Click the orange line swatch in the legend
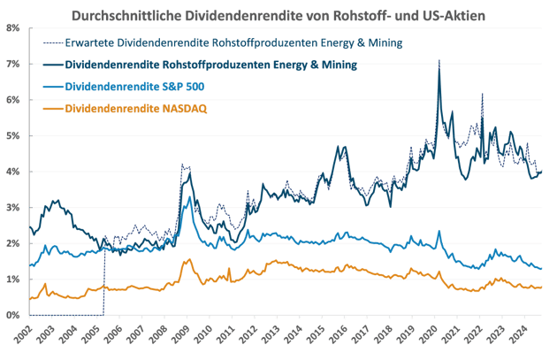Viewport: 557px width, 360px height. pos(53,108)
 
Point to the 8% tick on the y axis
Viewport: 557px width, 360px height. pos(13,28)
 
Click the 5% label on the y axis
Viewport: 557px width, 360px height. pos(13,135)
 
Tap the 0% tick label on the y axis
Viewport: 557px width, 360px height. pos(13,315)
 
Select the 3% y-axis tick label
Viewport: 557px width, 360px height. pos(13,207)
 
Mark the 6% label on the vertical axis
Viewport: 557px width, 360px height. pos(13,100)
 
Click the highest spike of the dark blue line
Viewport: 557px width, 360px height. pos(439,60)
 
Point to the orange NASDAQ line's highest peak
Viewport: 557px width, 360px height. pos(187,260)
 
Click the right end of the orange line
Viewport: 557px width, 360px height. pos(541,287)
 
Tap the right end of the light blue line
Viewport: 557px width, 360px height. pos(541,268)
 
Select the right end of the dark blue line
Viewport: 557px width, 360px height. pos(541,171)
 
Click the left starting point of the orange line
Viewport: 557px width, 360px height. pos(30,300)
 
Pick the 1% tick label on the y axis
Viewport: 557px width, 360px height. pos(13,279)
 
